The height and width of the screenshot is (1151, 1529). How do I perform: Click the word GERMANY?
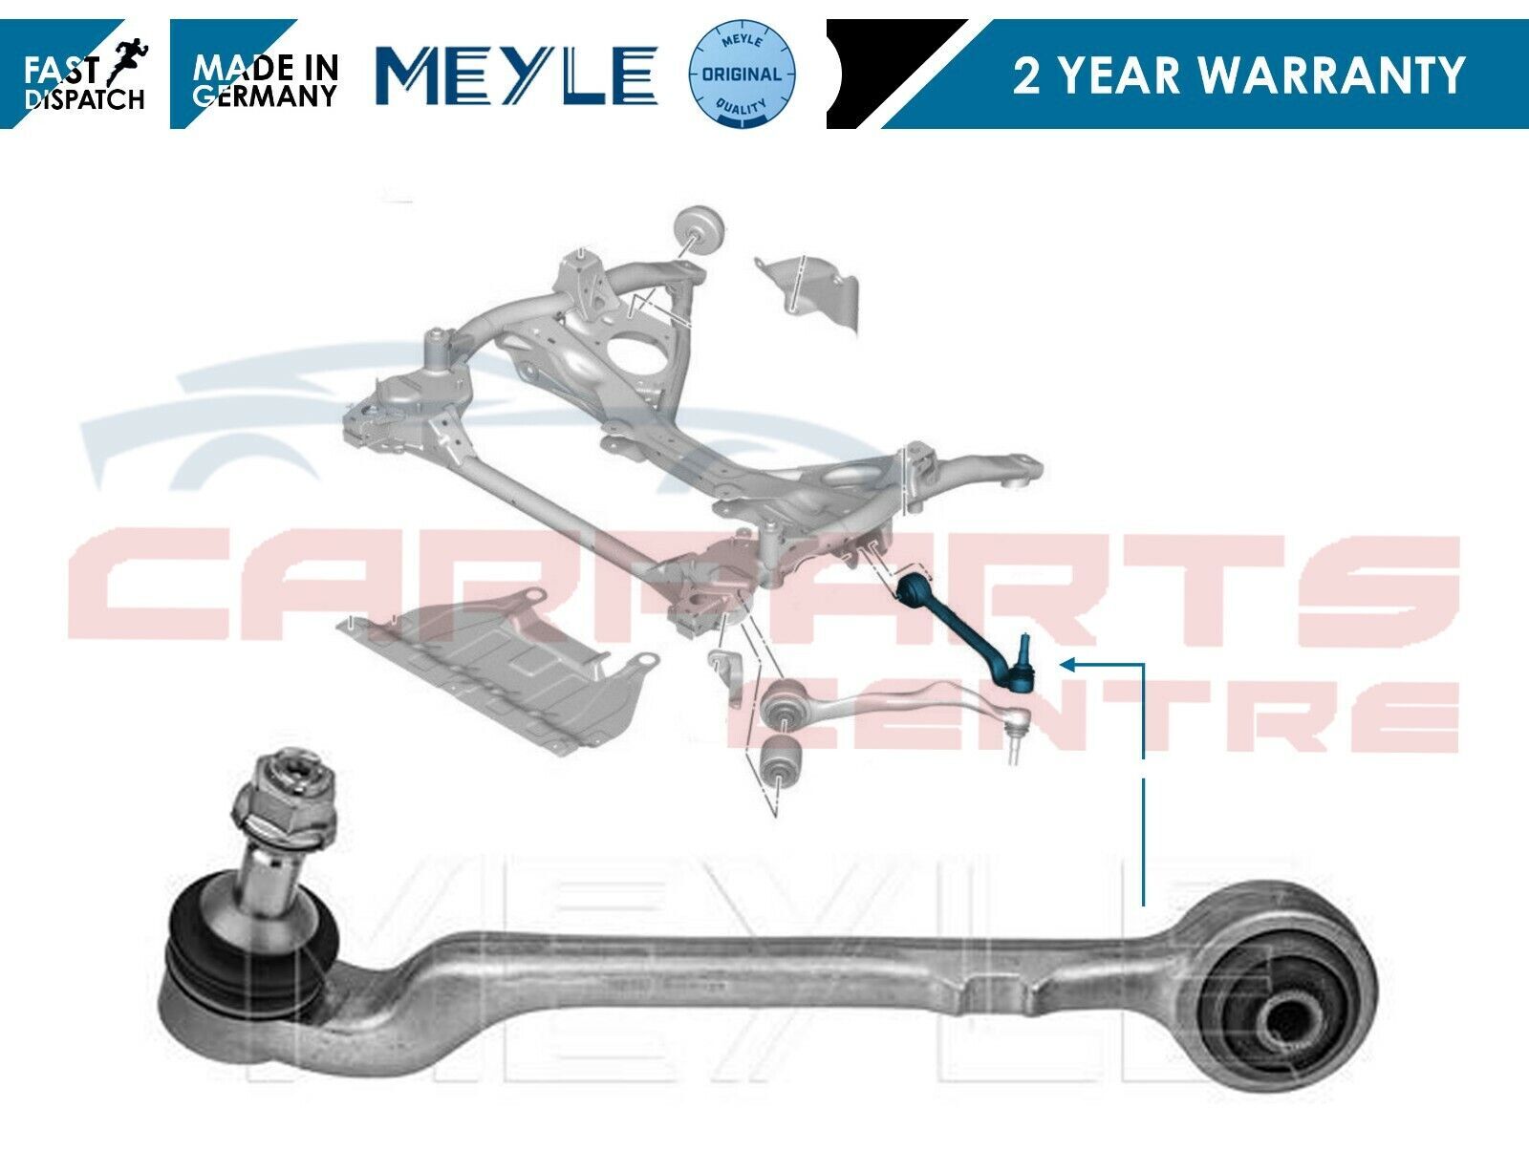265,96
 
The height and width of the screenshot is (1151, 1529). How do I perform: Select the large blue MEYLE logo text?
516,75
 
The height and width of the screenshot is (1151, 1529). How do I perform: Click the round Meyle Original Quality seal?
743,74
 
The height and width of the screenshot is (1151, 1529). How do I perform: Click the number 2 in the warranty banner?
1026,75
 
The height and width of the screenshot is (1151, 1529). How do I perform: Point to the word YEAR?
1119,75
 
